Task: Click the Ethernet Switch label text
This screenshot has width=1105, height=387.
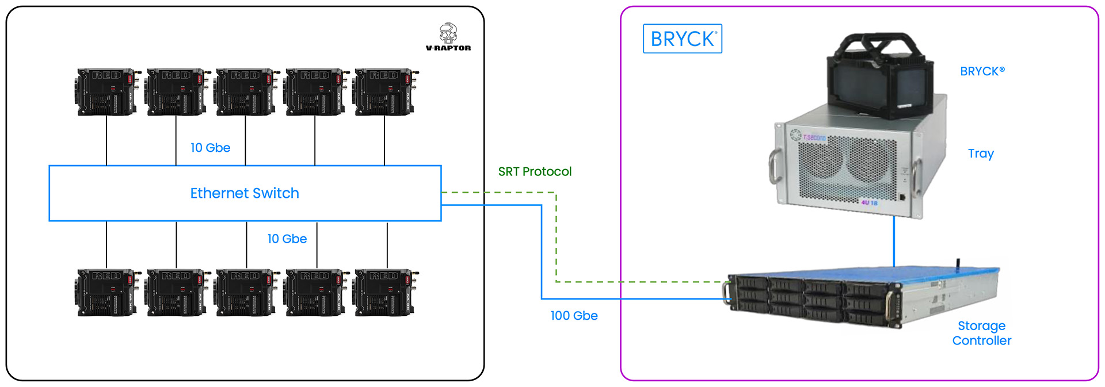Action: pos(245,193)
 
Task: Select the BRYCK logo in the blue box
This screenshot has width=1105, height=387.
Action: pos(683,39)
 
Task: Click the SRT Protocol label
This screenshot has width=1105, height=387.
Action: pos(535,171)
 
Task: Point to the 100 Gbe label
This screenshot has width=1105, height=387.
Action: pos(574,316)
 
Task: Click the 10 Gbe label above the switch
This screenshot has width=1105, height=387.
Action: pos(210,148)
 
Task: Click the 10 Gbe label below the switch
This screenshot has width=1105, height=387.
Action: pos(287,239)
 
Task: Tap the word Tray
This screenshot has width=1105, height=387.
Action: pos(981,154)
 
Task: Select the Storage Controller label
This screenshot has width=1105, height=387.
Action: pos(981,333)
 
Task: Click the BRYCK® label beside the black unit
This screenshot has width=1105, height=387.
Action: pos(982,71)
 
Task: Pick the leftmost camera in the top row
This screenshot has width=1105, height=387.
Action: pos(107,92)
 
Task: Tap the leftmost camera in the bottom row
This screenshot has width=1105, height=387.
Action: pos(107,292)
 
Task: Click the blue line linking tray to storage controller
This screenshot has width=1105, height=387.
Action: pos(894,242)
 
